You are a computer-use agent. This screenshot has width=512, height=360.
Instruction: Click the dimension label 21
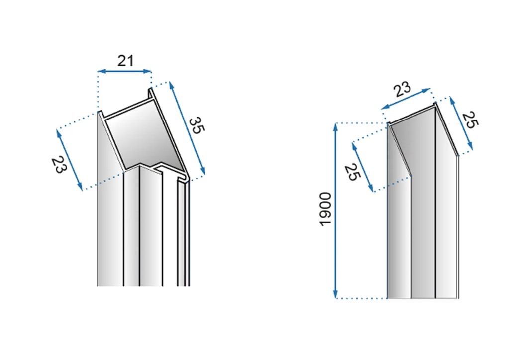point(126,61)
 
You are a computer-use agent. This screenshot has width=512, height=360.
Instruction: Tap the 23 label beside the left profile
point(59,165)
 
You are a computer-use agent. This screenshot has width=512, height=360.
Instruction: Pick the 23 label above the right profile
point(402,89)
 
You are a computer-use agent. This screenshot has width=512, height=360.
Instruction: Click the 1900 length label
point(325,209)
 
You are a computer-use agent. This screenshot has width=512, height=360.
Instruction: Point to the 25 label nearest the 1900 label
point(352,172)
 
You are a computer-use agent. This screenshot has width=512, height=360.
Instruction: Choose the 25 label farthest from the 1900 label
point(470,120)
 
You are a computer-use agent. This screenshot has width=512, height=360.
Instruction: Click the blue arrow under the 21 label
point(125,71)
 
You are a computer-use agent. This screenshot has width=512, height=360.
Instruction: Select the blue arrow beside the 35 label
point(187,128)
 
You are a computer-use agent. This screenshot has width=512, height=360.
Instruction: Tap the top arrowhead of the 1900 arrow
point(335,127)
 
